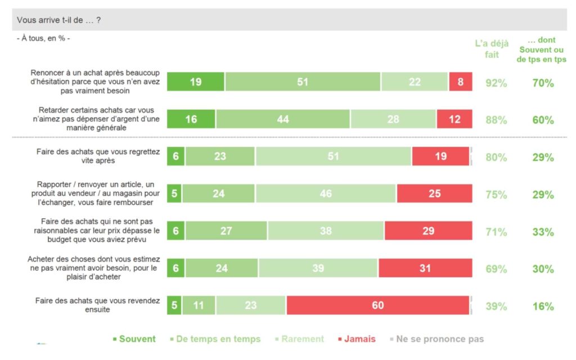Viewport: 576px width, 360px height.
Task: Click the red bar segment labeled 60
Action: tap(377, 305)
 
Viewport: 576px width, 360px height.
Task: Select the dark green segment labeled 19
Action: tap(196, 82)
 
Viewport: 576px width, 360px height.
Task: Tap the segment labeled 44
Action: tap(283, 119)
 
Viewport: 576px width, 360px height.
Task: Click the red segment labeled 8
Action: tap(460, 82)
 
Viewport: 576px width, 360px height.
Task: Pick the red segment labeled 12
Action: tap(454, 119)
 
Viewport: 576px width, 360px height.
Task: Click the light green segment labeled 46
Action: tap(326, 194)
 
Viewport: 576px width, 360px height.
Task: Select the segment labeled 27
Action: tap(227, 231)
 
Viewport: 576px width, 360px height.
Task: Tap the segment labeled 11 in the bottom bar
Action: tap(199, 305)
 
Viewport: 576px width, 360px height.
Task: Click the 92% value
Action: tap(496, 83)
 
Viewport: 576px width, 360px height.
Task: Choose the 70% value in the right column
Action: tap(543, 83)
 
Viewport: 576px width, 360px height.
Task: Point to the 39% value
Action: tap(496, 307)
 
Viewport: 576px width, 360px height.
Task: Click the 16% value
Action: tap(543, 307)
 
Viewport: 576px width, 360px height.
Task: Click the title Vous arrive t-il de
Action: tap(58, 20)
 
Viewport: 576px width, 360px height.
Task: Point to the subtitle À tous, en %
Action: tap(43, 38)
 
